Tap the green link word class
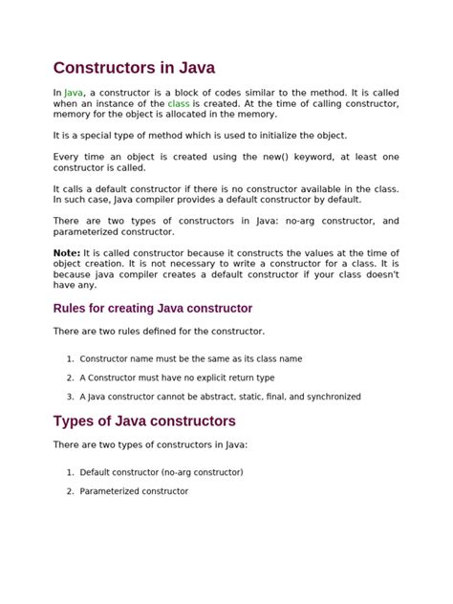pos(179,102)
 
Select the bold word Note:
pos(67,251)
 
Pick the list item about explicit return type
pos(177,377)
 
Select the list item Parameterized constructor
pos(134,491)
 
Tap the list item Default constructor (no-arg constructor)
pos(162,472)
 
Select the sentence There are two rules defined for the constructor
pos(159,331)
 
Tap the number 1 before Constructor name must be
pos(70,359)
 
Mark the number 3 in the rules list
pos(70,397)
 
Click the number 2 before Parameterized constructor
pos(70,491)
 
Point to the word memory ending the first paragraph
pos(256,113)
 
